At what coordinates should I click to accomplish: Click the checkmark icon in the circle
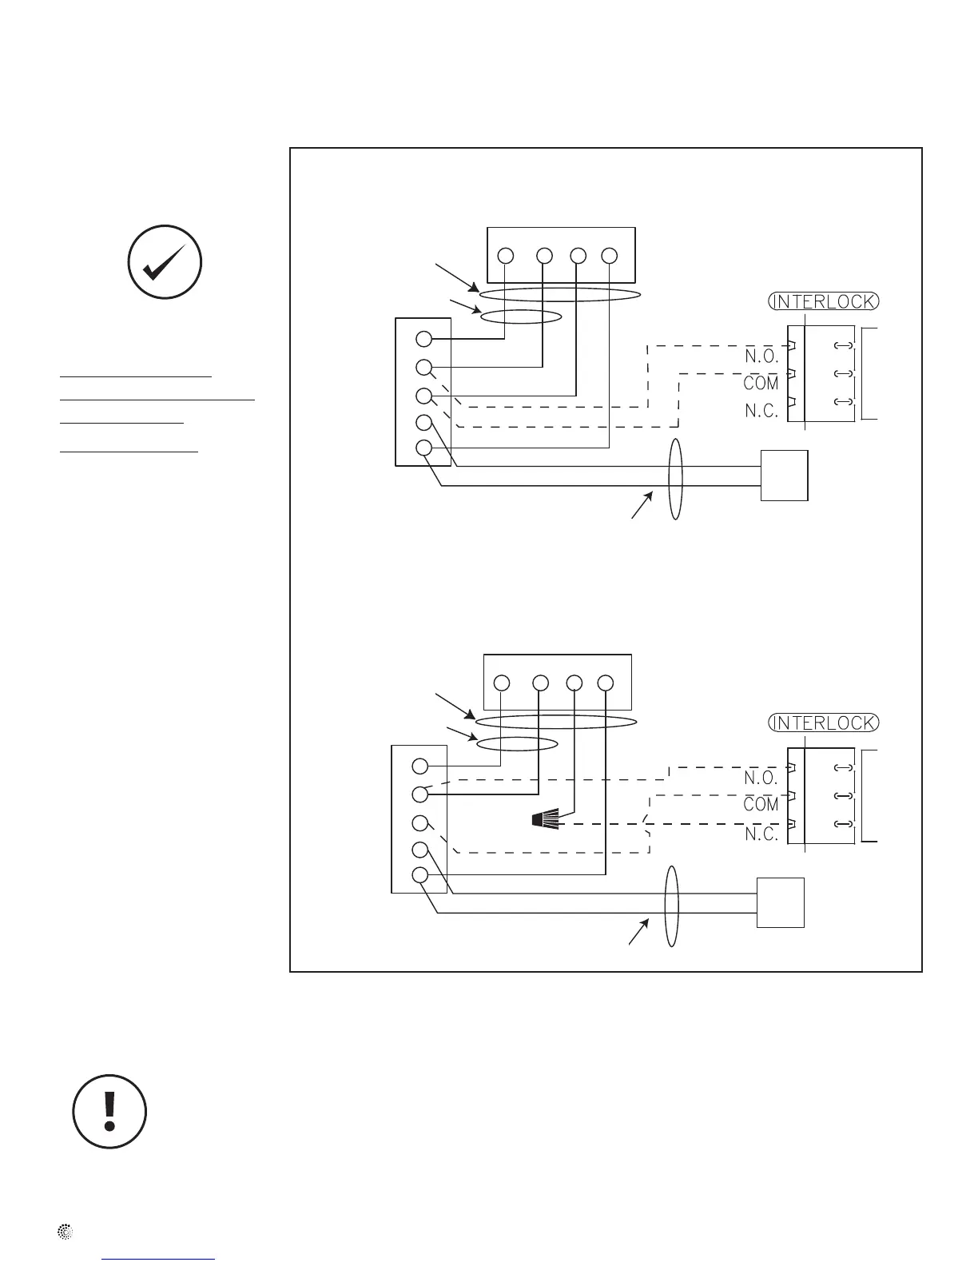coord(165,262)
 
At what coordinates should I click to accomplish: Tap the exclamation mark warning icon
coord(109,1112)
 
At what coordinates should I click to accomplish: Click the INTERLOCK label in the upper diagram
coord(823,301)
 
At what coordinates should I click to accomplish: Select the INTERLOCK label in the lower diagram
coord(823,723)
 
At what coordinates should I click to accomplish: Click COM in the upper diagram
coord(761,384)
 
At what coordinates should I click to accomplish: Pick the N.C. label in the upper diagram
coord(761,412)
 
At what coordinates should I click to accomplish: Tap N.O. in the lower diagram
coord(761,778)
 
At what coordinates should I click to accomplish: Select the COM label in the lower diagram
coord(761,805)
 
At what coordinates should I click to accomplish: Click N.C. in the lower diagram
coord(761,834)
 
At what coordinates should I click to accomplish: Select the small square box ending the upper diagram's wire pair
coord(784,476)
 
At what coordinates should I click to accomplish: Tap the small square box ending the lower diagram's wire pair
coord(780,902)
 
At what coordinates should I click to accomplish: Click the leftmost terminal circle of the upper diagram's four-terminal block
coord(505,256)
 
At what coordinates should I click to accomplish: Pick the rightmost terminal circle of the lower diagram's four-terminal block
coord(605,683)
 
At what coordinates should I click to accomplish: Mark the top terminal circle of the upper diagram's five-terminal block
coord(423,340)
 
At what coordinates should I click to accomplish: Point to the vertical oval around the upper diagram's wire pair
coord(676,479)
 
